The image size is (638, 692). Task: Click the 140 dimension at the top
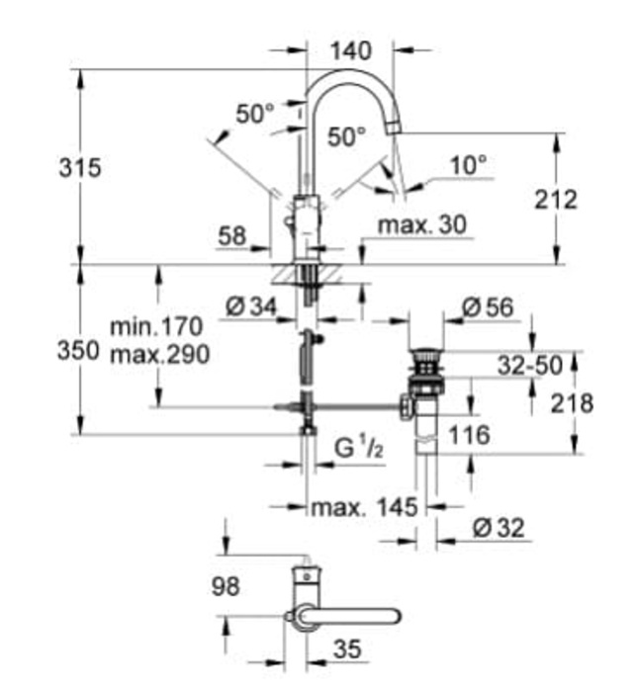tap(351, 49)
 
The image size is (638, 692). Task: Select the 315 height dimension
tap(78, 167)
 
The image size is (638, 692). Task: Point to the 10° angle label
tap(468, 165)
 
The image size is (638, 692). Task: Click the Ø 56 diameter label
tap(488, 307)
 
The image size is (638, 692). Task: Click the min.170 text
tap(156, 325)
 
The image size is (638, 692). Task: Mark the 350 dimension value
tap(78, 351)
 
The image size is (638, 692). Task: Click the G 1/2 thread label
tap(357, 451)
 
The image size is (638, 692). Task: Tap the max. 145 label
tap(363, 507)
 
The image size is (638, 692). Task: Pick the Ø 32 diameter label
tap(498, 529)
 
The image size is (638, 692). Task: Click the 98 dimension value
tap(227, 587)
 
